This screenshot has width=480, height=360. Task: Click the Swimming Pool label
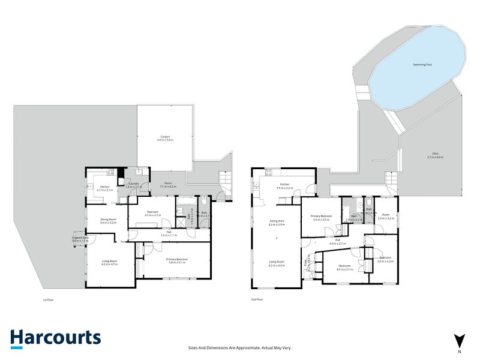click(420, 64)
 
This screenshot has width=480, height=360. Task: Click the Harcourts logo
click(55, 337)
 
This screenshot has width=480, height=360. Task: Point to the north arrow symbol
click(460, 340)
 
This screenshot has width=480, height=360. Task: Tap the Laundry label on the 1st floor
click(133, 186)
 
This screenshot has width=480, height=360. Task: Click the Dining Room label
click(108, 221)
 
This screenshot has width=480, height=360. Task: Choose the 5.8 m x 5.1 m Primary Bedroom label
click(178, 260)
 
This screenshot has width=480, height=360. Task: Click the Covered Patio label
click(80, 239)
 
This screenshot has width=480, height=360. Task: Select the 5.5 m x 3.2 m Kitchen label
click(284, 186)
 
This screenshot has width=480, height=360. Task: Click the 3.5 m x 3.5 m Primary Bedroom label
click(322, 217)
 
